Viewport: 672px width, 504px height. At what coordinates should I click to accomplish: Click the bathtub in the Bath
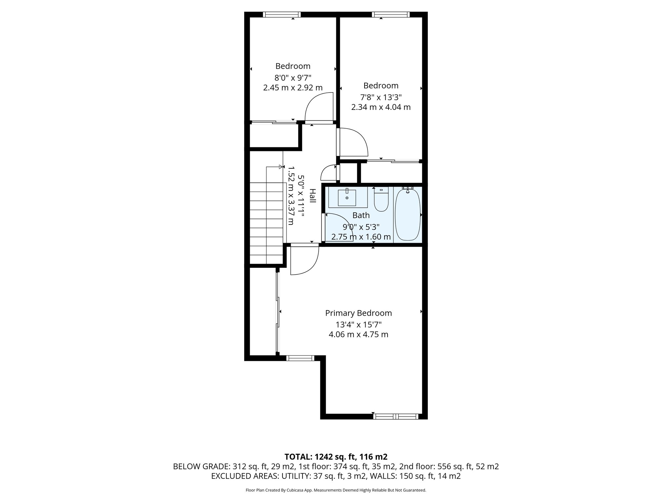408,215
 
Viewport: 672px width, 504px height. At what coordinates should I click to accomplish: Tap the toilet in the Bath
381,200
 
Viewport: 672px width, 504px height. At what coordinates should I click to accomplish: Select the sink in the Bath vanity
347,198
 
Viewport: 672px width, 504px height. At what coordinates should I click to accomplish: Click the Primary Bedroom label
358,313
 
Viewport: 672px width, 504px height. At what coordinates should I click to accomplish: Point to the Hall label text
312,196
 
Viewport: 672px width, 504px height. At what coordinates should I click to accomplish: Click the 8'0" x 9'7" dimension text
293,78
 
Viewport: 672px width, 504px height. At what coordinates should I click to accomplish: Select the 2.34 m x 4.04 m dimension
381,107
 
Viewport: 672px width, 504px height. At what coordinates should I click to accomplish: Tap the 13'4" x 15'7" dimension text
358,325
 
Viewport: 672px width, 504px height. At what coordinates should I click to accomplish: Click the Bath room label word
361,215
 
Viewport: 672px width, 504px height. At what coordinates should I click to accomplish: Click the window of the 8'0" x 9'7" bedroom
282,14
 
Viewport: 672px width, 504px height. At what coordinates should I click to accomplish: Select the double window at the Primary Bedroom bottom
396,416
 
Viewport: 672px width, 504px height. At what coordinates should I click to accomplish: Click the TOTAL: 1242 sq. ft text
336,457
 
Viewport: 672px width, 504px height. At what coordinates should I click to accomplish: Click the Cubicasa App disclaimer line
336,490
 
